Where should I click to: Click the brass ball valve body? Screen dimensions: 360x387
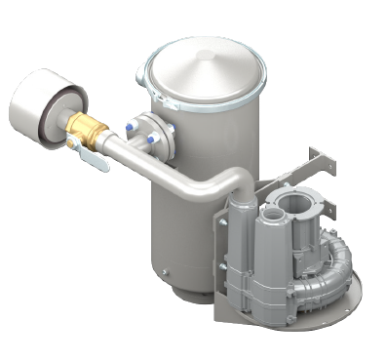pyautogui.click(x=82, y=130)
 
